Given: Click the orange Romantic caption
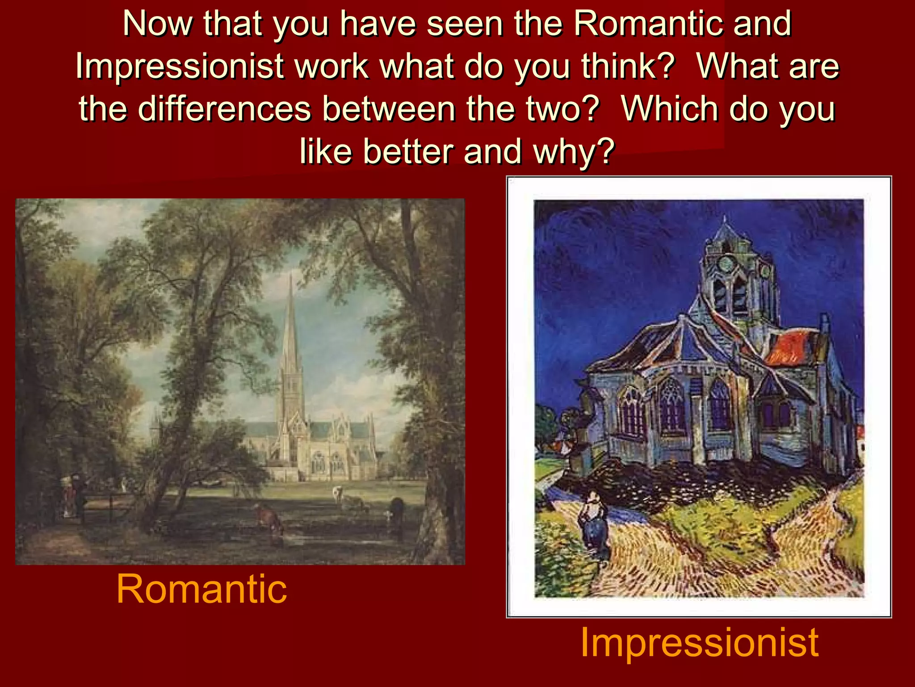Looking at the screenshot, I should (201, 589).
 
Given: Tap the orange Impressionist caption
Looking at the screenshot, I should (699, 642).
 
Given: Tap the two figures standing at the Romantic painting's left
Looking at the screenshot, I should (74, 496).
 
